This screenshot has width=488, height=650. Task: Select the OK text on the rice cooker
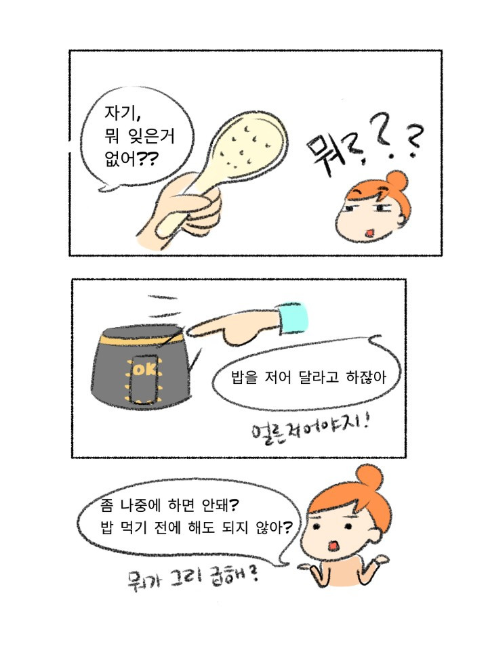(144, 369)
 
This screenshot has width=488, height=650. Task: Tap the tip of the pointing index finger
(190, 330)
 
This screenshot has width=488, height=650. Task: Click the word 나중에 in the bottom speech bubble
(141, 505)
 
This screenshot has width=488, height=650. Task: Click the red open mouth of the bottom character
(333, 546)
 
